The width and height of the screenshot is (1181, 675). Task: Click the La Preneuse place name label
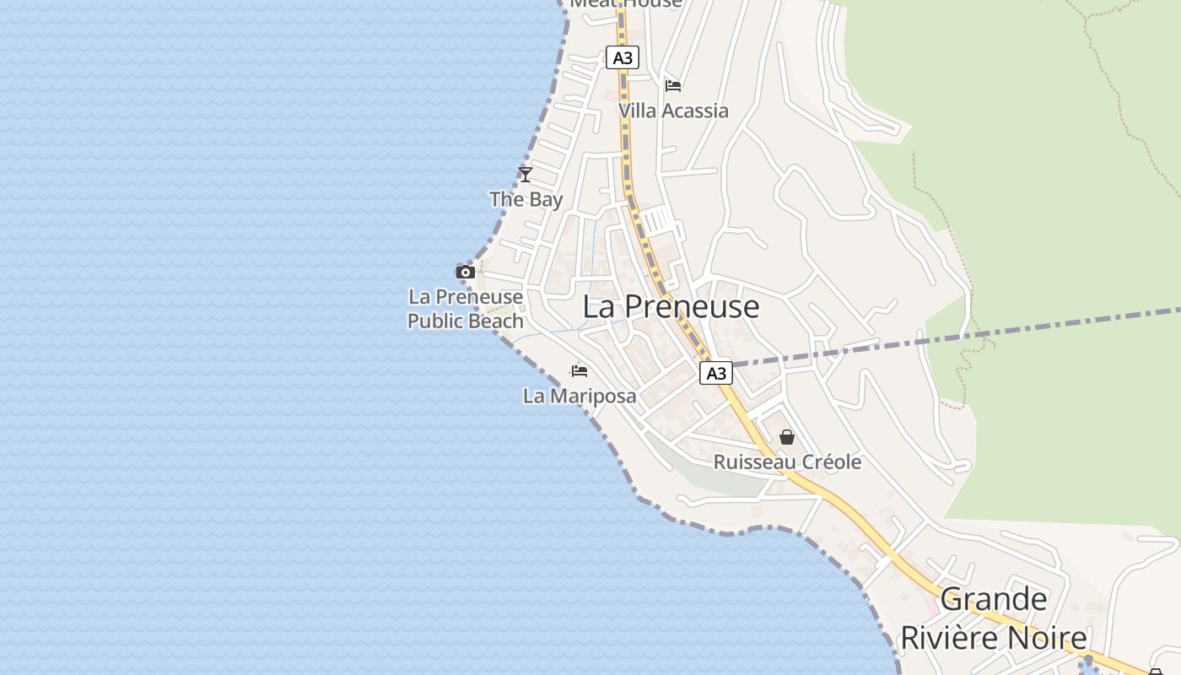(671, 307)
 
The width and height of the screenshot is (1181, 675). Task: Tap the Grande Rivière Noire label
(994, 619)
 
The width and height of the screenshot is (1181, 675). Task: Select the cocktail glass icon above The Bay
(526, 175)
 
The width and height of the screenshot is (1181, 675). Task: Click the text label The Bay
(526, 200)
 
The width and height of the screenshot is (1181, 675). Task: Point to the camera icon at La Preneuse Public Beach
(465, 272)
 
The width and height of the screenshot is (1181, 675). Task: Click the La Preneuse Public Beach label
(466, 309)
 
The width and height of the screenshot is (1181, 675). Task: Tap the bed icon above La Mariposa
(579, 370)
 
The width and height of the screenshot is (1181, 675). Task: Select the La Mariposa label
(580, 396)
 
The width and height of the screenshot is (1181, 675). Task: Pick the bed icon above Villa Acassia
(673, 86)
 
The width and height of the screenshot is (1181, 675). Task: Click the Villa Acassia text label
(673, 111)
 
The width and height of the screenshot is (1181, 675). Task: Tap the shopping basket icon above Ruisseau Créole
(787, 437)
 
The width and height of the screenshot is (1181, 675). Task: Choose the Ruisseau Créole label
(787, 462)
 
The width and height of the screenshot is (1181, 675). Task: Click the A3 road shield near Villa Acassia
(623, 57)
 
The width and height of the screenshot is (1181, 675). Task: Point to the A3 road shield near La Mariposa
(715, 373)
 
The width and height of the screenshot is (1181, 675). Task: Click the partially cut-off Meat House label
(626, 3)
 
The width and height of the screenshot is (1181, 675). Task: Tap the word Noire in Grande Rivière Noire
(1050, 638)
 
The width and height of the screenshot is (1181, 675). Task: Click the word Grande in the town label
(994, 600)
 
